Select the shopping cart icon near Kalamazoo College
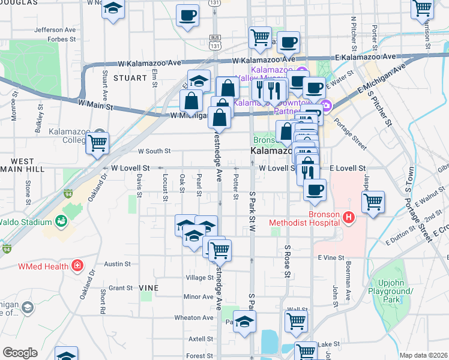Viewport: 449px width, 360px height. [x=97, y=143]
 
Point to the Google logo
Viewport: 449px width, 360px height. [x=20, y=353]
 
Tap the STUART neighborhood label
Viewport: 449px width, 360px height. [x=129, y=78]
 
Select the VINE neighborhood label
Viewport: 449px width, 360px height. [x=149, y=288]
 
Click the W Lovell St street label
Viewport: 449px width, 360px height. [x=129, y=169]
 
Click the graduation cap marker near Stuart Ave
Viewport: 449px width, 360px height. [x=112, y=10]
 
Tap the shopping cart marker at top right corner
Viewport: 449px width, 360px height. [x=423, y=7]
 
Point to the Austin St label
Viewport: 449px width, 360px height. [x=118, y=263]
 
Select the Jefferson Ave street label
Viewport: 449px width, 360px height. [x=55, y=29]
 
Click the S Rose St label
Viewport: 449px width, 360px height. [x=288, y=261]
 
